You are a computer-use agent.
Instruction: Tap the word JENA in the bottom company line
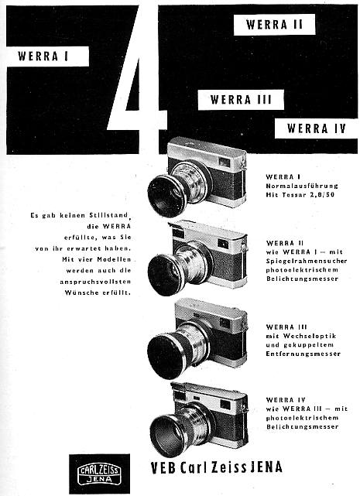click(x=261, y=467)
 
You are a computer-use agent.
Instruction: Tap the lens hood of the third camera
click(x=169, y=351)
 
